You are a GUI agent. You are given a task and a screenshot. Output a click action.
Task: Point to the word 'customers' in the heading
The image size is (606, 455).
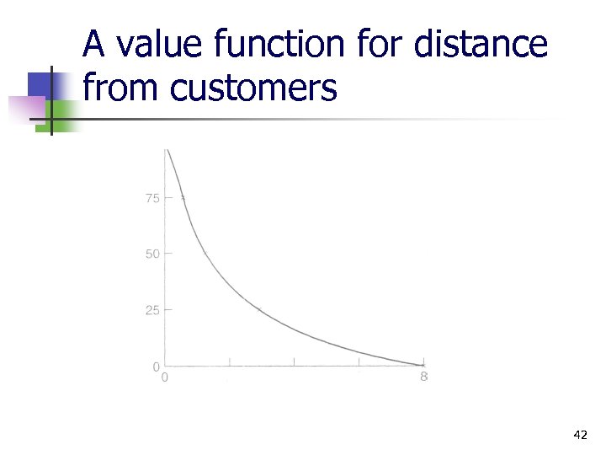pos(253,88)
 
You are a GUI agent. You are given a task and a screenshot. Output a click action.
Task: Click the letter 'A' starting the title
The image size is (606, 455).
pos(96,45)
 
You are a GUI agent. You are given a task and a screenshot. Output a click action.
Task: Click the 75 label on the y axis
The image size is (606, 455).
pos(152,198)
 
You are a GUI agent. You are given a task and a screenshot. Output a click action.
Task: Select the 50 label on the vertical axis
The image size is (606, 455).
pos(152,254)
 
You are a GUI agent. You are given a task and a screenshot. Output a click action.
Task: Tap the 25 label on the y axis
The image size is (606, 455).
pos(152,310)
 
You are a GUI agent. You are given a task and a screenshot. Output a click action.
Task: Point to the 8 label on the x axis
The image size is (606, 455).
pos(423,377)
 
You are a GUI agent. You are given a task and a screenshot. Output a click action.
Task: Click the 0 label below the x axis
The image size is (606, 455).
pos(164,377)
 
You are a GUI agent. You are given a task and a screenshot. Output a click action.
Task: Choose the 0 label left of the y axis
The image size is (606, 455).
pos(157,367)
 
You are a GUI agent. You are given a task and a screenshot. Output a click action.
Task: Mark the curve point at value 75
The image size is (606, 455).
pos(183,198)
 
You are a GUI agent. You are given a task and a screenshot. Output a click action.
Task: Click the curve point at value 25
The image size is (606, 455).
pos(258,310)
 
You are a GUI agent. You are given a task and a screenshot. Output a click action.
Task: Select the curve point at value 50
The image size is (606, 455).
pos(205,254)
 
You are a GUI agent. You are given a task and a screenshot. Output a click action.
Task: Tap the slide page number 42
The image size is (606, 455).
pos(579,435)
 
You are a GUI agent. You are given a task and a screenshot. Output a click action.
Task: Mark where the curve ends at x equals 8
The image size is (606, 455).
pos(423,365)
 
